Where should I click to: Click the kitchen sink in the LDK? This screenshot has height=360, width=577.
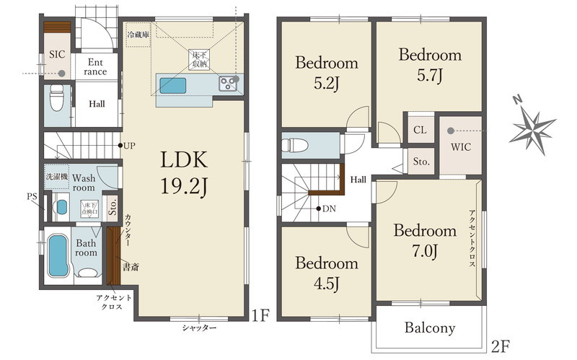172,86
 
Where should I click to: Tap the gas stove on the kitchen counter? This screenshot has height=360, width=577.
229,83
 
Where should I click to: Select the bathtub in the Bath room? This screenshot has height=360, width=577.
58,256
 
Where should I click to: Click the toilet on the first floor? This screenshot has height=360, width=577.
57,97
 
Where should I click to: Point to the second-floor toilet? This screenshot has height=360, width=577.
295,145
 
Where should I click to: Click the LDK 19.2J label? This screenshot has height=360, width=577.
184,172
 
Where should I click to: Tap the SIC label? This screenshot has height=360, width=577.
57,55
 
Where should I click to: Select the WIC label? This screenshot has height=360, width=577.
461,147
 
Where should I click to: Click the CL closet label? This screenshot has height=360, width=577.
420,130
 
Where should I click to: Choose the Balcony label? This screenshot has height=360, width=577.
430,328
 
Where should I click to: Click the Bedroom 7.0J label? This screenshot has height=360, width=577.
425,241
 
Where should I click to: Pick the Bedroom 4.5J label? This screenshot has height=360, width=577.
327,273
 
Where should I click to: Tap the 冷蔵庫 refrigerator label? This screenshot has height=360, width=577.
138,35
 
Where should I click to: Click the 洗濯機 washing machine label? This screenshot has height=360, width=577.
57,177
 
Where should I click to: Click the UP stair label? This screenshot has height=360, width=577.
129,146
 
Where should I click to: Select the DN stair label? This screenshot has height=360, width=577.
329,208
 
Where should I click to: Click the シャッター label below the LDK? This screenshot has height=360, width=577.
199,328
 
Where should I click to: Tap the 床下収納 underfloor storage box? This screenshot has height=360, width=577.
199,60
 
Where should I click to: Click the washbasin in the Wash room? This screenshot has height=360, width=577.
61,207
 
